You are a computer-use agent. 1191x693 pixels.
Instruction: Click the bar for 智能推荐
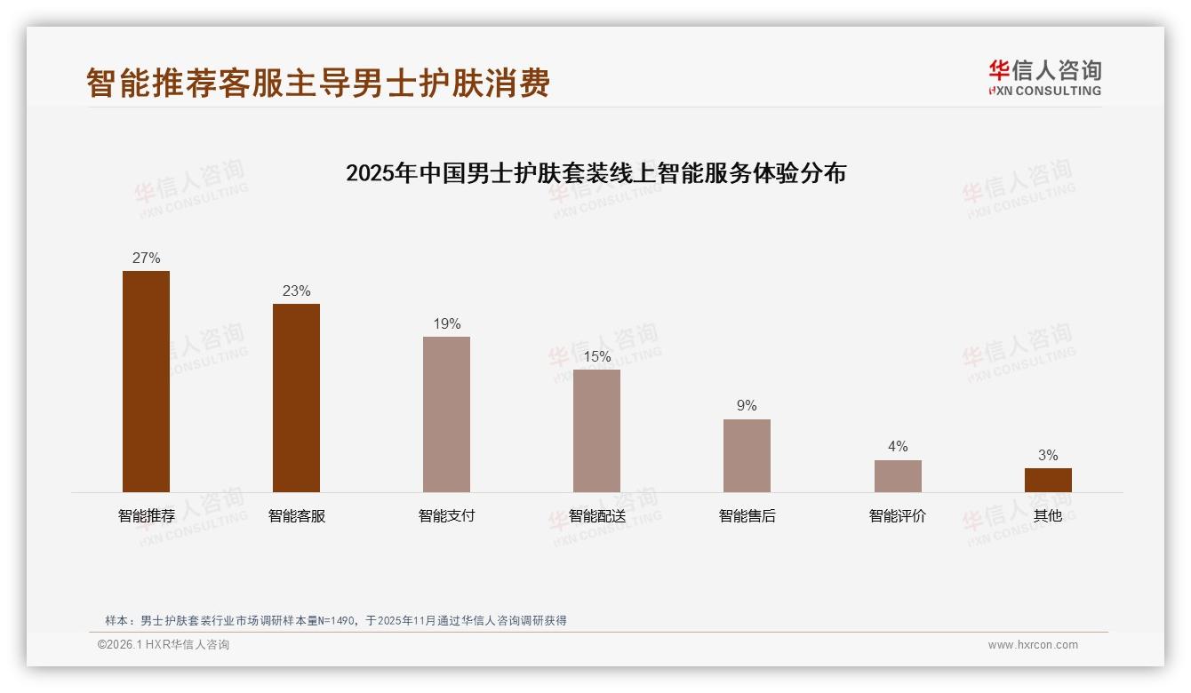(146, 381)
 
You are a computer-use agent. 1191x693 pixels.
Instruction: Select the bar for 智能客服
(296, 398)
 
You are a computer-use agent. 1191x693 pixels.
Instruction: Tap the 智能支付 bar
(446, 414)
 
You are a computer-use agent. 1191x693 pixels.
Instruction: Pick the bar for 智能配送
(596, 431)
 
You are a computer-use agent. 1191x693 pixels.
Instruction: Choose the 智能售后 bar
(747, 456)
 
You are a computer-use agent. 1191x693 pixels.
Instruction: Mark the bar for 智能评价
(898, 476)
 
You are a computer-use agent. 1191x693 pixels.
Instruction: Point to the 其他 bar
(1048, 480)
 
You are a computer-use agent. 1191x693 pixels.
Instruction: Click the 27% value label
(146, 259)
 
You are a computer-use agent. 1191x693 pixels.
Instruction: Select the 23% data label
(296, 291)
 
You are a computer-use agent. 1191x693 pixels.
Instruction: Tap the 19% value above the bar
(446, 324)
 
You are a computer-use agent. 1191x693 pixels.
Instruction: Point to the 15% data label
(596, 357)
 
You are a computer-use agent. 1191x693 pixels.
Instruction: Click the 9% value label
(747, 406)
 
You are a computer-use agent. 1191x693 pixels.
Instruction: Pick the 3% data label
(1048, 456)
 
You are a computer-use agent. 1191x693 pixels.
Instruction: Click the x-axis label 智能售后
(747, 516)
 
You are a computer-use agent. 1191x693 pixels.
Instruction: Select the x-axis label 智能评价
(898, 516)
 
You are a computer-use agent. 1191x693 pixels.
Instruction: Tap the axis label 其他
(1048, 516)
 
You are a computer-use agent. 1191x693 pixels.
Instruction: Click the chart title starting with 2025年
(595, 172)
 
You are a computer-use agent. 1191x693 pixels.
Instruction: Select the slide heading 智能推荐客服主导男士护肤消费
(318, 83)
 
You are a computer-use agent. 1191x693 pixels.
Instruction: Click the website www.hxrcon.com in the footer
(1033, 645)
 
